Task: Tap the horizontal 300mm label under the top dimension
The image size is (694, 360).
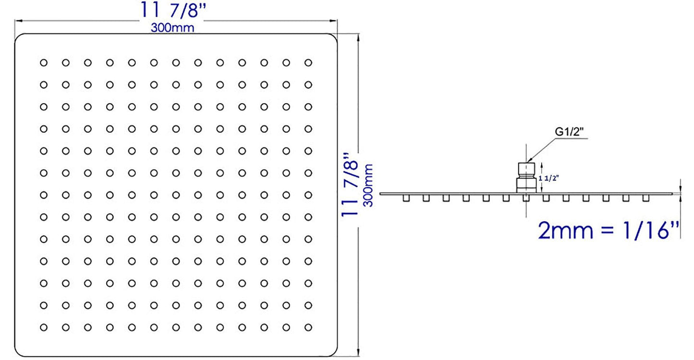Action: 172,28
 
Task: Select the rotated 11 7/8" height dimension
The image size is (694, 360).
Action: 351,185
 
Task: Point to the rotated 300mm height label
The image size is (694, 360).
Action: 368,185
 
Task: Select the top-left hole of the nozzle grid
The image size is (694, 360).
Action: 44,62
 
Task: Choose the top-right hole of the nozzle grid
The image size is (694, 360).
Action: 308,62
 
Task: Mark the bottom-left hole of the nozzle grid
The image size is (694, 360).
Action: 44,327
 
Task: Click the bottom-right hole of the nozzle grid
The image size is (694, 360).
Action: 308,327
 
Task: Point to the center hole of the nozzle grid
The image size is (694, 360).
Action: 176,195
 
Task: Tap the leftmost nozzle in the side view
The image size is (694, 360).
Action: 406,198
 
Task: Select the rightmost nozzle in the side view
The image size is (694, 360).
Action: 646,198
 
